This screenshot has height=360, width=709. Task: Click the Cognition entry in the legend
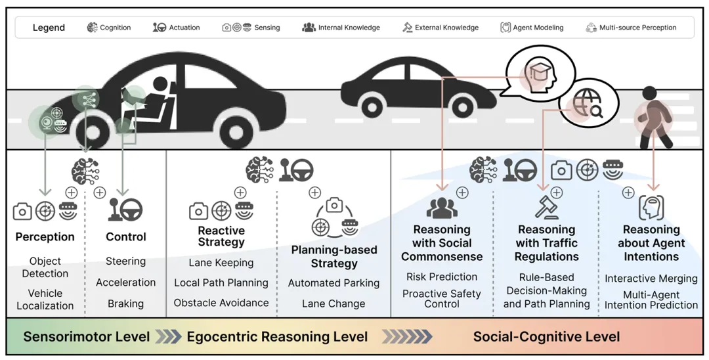109,28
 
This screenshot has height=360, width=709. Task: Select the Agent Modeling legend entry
532,28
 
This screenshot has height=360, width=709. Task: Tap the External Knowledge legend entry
440,28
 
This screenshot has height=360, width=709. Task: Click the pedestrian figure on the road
652,118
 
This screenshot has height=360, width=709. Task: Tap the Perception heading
45,236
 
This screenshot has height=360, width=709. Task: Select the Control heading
125,236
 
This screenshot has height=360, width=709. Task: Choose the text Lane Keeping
221,263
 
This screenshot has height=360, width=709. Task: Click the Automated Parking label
333,283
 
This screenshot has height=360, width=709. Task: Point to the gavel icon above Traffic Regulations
546,208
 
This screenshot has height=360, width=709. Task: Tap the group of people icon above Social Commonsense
442,208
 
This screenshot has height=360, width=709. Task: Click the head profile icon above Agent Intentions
651,208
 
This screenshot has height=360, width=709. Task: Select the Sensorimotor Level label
87,337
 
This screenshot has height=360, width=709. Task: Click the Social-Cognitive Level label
546,337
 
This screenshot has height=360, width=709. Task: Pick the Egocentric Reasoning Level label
277,337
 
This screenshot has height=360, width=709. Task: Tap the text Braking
125,304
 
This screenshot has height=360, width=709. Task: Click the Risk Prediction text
442,277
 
